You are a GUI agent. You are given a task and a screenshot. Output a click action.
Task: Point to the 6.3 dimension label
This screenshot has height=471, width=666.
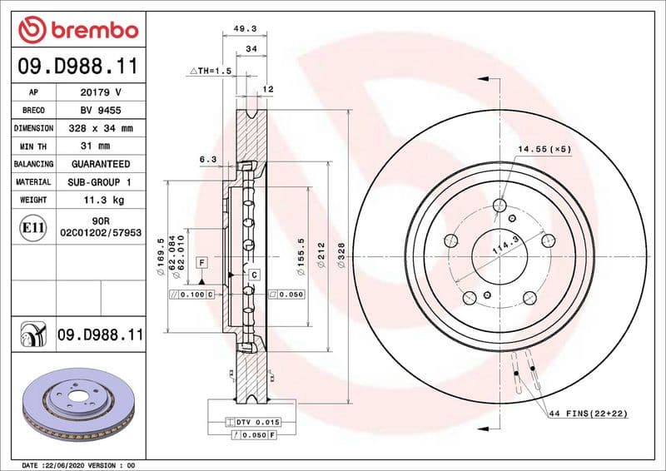pyautogui.click(x=208, y=158)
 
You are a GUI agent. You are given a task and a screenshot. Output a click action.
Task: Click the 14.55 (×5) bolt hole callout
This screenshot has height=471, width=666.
pyautogui.click(x=544, y=149)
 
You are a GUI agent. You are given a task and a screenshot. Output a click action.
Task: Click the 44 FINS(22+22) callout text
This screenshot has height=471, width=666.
pyautogui.click(x=587, y=414)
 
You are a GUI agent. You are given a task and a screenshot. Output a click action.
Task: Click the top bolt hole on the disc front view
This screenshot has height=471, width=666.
pyautogui.click(x=499, y=206)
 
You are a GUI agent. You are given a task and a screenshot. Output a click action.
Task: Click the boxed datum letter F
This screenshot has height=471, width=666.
pyautogui.click(x=201, y=262)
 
